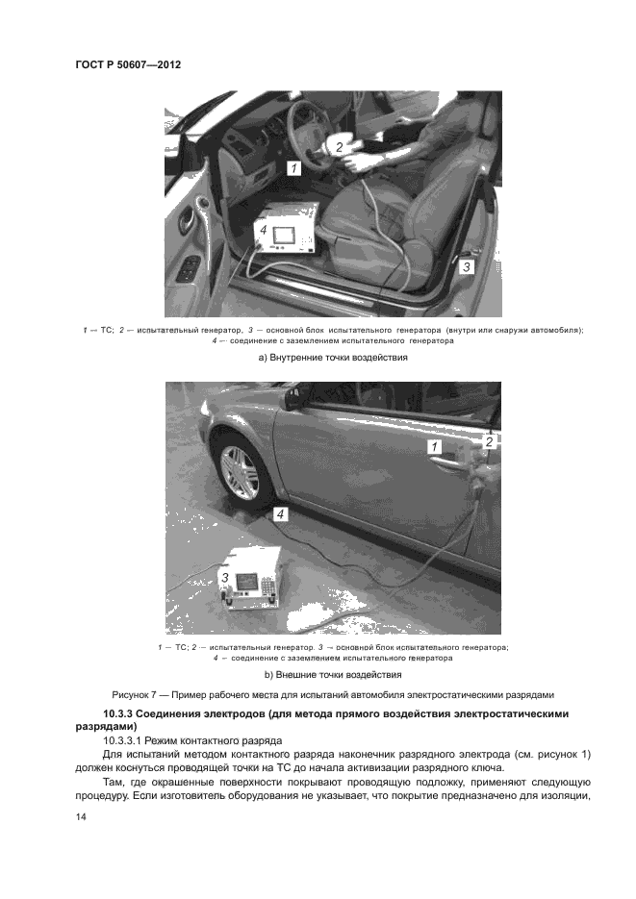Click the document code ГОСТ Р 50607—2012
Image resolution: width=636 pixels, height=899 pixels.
[x=128, y=65]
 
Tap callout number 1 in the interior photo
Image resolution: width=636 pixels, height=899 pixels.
[x=294, y=167]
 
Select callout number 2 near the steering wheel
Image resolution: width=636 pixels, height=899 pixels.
[x=339, y=147]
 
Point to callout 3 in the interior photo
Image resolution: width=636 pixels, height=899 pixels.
[x=466, y=267]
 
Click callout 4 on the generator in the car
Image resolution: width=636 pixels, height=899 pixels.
[x=264, y=230]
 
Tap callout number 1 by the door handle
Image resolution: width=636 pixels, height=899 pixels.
[x=434, y=447]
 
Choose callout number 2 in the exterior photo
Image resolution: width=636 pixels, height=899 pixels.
[x=489, y=441]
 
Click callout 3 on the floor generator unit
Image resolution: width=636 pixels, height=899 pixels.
[x=224, y=578]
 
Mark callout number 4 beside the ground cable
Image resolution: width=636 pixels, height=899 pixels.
[x=280, y=514]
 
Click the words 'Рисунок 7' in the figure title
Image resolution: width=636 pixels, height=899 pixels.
[x=137, y=694]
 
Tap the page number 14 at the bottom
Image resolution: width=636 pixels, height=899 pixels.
[x=81, y=816]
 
